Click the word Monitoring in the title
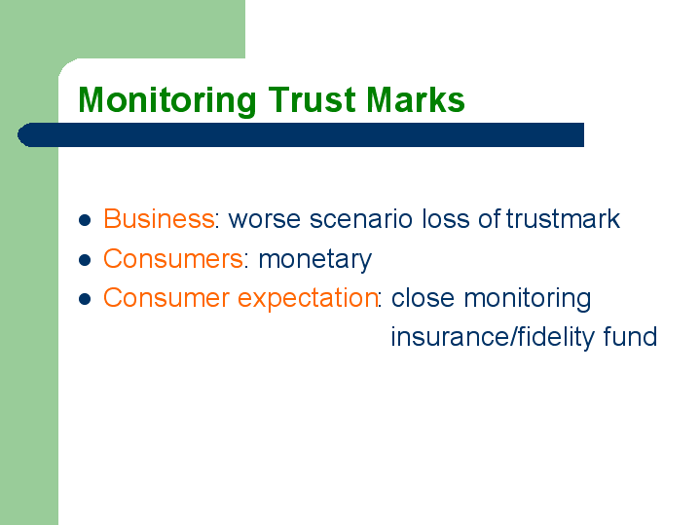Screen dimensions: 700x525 167,101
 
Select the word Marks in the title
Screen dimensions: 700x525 415,99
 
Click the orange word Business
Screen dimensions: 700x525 159,218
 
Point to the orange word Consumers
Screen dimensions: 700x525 173,258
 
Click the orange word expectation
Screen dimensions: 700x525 308,298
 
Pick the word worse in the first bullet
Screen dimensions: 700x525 264,219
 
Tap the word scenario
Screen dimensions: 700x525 361,219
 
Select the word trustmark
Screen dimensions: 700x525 563,218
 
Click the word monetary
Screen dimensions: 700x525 314,260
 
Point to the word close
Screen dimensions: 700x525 423,298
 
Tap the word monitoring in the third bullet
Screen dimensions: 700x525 528,299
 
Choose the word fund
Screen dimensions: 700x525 630,336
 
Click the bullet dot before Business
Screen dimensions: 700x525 85,220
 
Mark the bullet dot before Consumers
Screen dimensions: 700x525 85,260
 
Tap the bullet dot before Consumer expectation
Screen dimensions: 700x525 85,299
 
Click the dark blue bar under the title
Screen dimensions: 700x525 301,134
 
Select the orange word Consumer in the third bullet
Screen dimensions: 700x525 166,298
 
